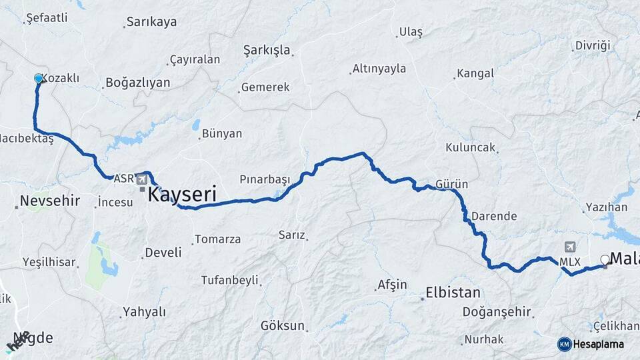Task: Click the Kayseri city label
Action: point(182,195)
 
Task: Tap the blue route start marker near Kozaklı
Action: point(38,79)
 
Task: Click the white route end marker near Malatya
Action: point(605,260)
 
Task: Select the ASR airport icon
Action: point(142,179)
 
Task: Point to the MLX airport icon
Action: point(569,247)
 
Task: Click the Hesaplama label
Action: point(598,344)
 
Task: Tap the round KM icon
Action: point(564,344)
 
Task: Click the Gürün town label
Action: point(451,184)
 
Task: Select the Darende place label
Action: point(494,216)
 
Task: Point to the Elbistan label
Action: point(453,292)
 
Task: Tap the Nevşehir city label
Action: point(49,201)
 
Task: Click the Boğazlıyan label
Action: point(137,83)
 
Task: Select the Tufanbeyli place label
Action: point(229,280)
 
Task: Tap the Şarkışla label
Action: point(267,50)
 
